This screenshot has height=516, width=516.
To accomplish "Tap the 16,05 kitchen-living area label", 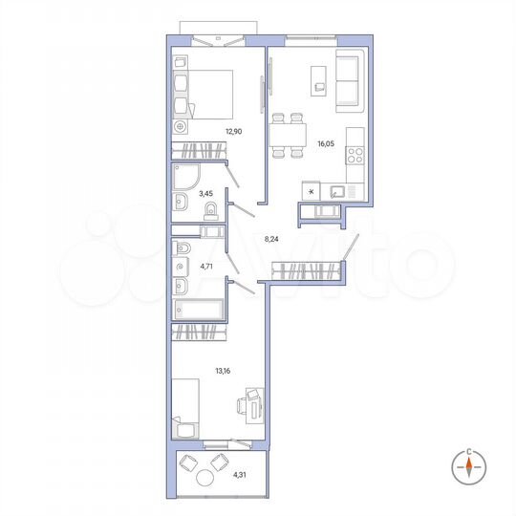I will pos(327,145).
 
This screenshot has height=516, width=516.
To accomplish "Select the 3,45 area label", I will pos(204,194).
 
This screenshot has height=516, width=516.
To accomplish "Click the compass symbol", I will pos(470,466).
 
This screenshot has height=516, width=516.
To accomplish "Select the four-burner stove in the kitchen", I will pos(355,154).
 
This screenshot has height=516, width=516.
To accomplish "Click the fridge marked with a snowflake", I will pos(310,191).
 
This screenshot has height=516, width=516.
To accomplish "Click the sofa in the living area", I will pos(350,79).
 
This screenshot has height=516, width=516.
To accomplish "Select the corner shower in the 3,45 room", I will pos(185,176).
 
